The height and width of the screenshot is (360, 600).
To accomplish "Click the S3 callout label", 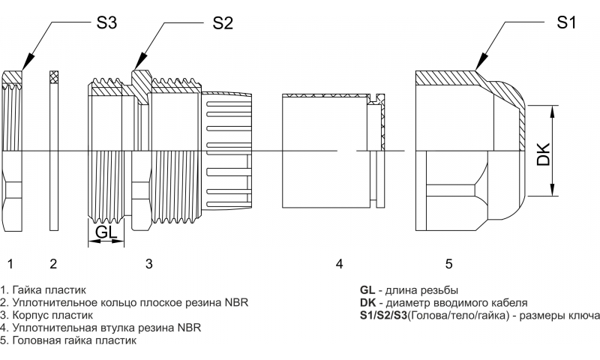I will pyautogui.click(x=106, y=22).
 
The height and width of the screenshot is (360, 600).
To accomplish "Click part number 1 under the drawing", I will pyautogui.click(x=10, y=263).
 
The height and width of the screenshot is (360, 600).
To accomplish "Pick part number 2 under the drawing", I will pyautogui.click(x=53, y=263).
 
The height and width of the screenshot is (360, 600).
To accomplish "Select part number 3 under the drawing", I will pyautogui.click(x=148, y=263).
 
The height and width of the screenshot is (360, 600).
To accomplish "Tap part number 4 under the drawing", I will pyautogui.click(x=339, y=263).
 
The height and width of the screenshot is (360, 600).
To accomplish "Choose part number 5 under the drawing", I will pyautogui.click(x=448, y=263).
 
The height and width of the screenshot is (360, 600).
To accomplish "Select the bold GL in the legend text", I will pyautogui.click(x=367, y=289).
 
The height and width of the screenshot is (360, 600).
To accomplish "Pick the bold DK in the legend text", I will pyautogui.click(x=367, y=302).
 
